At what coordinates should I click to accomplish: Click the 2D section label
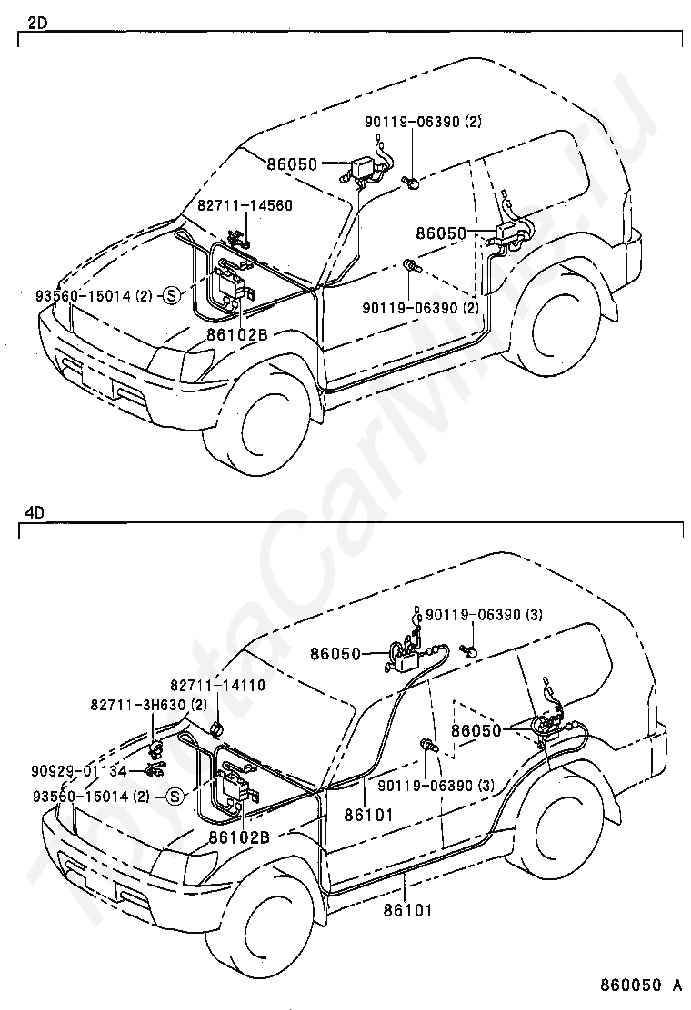(x=36, y=24)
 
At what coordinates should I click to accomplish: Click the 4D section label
(x=35, y=513)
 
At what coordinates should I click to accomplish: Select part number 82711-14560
(x=245, y=205)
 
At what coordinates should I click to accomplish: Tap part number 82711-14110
(x=218, y=686)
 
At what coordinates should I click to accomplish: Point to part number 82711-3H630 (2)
(x=149, y=706)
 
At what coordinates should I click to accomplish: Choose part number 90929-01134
(x=79, y=770)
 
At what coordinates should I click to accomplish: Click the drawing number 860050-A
(x=641, y=985)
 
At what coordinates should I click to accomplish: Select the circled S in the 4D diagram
(x=175, y=797)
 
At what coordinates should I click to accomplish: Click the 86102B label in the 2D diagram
(x=237, y=333)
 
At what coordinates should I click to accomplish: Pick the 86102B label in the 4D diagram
(x=239, y=837)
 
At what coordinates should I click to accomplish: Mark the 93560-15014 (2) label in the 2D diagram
(x=95, y=296)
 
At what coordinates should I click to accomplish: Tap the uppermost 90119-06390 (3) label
(x=484, y=615)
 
